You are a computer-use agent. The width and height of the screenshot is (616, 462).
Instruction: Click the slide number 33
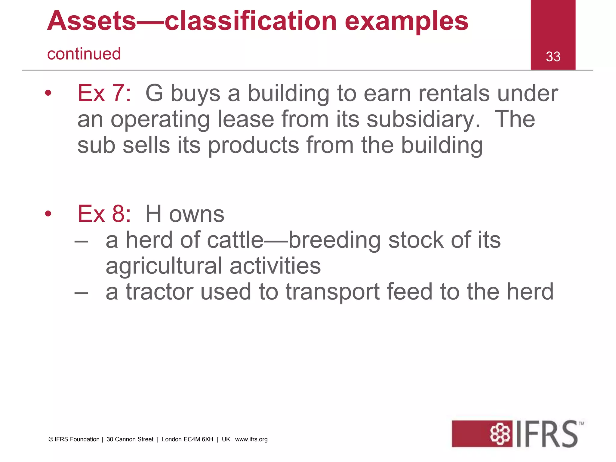tap(553, 57)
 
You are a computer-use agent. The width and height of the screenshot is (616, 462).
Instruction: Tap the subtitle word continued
tap(84, 54)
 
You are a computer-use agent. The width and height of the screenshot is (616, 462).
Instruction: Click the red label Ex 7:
tap(104, 93)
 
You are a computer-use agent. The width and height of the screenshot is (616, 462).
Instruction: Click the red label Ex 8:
tap(104, 214)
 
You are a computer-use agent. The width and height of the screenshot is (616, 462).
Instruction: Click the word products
tap(253, 146)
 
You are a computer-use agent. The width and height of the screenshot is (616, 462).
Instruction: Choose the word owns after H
tap(196, 214)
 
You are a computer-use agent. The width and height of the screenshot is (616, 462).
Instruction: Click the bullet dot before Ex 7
tap(48, 93)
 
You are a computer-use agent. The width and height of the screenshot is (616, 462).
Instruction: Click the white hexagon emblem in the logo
tap(500, 434)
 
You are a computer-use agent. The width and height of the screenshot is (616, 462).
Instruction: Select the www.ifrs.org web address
tap(251, 439)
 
